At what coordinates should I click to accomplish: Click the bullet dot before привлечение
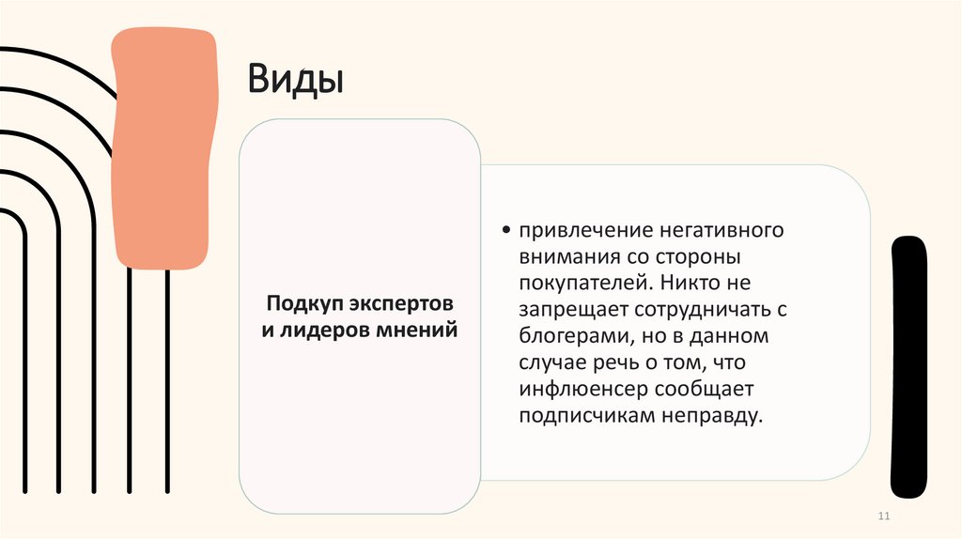coord(506,231)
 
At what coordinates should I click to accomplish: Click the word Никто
coord(686,282)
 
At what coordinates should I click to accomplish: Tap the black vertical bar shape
coord(908,366)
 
